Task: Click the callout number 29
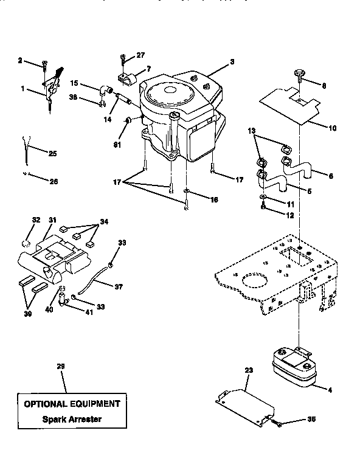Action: [60, 366]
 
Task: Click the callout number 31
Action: [52, 220]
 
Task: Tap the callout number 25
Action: [52, 153]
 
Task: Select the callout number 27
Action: [141, 55]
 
